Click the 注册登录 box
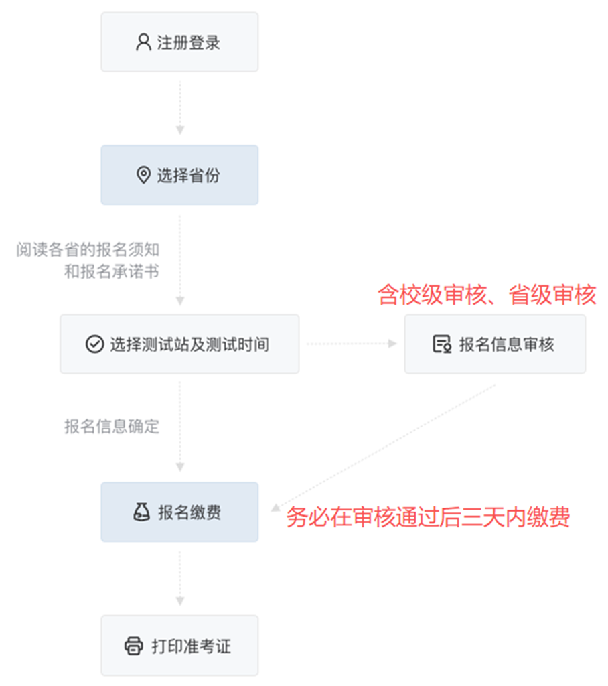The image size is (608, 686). (x=179, y=42)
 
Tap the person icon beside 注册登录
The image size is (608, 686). (x=143, y=42)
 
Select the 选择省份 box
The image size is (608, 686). (x=179, y=175)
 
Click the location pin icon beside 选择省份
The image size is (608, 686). (x=143, y=175)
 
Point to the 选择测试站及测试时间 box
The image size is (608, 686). (x=179, y=344)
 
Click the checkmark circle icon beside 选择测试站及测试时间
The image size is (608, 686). (x=94, y=344)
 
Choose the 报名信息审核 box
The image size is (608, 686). (x=495, y=344)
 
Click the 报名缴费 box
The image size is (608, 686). (x=179, y=512)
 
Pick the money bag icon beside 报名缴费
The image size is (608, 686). (x=141, y=512)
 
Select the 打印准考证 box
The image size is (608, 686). (x=179, y=646)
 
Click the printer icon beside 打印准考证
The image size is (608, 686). (x=134, y=646)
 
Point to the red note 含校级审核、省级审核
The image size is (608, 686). (x=487, y=295)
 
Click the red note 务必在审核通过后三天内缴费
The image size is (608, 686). (x=429, y=517)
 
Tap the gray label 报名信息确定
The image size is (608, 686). (x=112, y=426)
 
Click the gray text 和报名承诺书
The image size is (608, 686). (x=112, y=271)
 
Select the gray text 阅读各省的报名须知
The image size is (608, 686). (x=88, y=249)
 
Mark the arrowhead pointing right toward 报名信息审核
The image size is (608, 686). (x=392, y=344)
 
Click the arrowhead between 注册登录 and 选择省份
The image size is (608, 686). (x=179, y=130)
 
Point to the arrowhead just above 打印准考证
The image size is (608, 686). (x=179, y=601)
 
